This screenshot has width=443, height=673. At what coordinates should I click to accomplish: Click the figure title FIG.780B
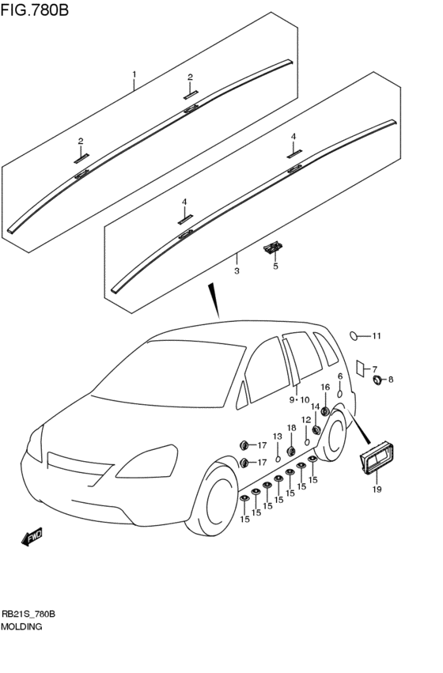point(34,9)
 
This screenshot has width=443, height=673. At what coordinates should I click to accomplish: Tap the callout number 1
point(134,74)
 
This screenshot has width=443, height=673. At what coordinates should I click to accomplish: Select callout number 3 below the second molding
point(237,271)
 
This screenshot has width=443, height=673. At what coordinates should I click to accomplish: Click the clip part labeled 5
point(273,248)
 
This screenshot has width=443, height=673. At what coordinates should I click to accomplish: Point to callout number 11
point(377,336)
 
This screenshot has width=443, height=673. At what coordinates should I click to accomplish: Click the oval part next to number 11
point(354,336)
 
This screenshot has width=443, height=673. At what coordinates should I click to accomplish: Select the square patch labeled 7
point(360,369)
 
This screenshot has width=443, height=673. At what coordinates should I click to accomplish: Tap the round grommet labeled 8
point(378,380)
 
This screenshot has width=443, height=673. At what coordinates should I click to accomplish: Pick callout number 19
point(377,490)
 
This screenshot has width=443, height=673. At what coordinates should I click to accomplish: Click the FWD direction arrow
point(32,536)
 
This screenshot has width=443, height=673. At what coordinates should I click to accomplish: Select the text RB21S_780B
point(28,614)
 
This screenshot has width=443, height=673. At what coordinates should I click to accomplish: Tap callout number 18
point(291,428)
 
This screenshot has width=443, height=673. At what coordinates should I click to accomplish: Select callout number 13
point(278,437)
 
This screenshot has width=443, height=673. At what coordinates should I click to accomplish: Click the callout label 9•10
point(299,400)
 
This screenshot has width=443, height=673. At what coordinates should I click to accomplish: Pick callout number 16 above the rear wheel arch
point(325,388)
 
